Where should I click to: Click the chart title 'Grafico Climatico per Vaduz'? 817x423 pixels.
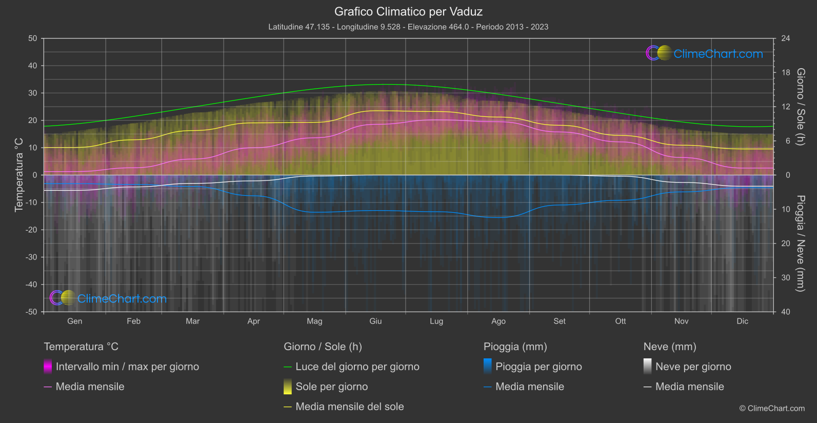coord(408,11)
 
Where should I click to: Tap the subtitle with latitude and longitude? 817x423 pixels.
coord(408,27)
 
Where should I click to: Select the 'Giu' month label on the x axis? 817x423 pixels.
coord(375,321)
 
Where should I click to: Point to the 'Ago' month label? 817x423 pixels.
coord(498,321)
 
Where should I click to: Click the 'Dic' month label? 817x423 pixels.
coord(742,321)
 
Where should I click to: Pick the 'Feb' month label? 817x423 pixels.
coord(133,321)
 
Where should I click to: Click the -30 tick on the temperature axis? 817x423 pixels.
coord(32,257)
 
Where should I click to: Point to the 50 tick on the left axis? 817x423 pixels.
coord(33,38)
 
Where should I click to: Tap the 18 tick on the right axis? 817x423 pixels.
coord(786,72)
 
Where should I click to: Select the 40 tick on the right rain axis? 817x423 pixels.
coord(786,312)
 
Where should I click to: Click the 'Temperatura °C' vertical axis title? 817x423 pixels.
coord(19,174)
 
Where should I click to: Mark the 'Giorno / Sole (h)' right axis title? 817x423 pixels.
coord(800,107)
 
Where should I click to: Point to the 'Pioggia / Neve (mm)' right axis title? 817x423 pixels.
coord(800,243)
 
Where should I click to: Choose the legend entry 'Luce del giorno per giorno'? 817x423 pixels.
coord(357,367)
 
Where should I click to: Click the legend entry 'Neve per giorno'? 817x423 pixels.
coord(693,367)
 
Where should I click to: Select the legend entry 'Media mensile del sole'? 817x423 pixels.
coord(349,407)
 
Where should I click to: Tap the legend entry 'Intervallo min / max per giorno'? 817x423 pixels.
coord(127,367)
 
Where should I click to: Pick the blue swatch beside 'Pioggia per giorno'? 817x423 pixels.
coord(488,367)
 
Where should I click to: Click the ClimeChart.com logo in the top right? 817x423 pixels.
coord(705,53)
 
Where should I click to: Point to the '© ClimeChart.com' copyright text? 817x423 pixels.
coord(772,408)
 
